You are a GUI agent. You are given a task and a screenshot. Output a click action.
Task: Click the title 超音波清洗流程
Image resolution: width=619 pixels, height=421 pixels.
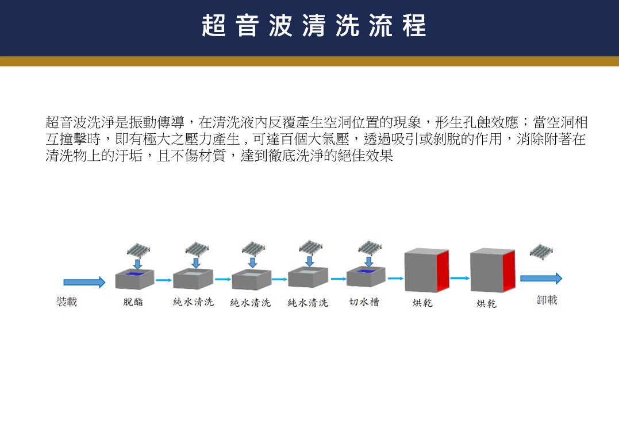[314, 26]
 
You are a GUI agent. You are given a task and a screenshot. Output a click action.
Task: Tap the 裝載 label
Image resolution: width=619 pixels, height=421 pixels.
[67, 302]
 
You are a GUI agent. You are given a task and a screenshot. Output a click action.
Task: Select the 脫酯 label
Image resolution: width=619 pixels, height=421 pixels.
[133, 302]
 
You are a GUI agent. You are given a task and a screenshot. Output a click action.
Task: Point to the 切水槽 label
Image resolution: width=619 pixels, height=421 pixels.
[364, 302]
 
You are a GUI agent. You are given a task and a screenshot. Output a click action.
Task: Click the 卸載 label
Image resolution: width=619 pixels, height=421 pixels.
[547, 300]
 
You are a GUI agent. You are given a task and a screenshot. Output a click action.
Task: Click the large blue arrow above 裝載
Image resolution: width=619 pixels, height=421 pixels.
[84, 282]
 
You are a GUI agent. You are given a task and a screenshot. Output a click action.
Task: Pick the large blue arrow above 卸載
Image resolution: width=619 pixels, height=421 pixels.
[541, 279]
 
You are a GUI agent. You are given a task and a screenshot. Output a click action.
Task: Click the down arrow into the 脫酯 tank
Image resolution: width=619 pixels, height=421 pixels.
[137, 263]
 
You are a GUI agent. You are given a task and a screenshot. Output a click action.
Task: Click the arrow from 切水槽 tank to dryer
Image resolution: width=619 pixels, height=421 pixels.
[395, 279]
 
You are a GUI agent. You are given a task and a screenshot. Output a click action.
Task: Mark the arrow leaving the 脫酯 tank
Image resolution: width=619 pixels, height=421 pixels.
[164, 280]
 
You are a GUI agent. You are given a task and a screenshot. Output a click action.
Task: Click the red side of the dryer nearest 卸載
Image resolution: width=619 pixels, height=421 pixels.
[508, 271]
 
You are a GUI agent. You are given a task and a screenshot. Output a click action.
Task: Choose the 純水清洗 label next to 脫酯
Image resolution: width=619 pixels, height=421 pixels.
[193, 302]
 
